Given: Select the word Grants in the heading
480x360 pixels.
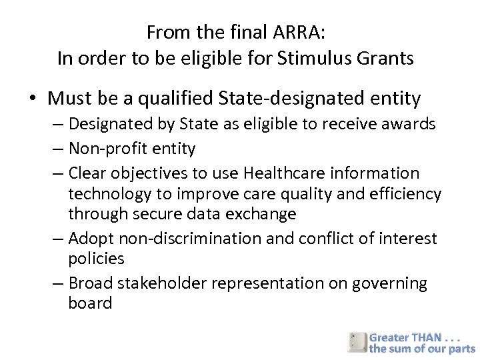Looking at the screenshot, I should point(389,59).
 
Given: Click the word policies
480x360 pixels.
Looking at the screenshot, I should point(95,259).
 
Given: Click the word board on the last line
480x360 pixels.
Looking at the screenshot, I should point(90,303).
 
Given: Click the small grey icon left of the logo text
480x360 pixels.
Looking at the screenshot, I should point(357,341).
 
